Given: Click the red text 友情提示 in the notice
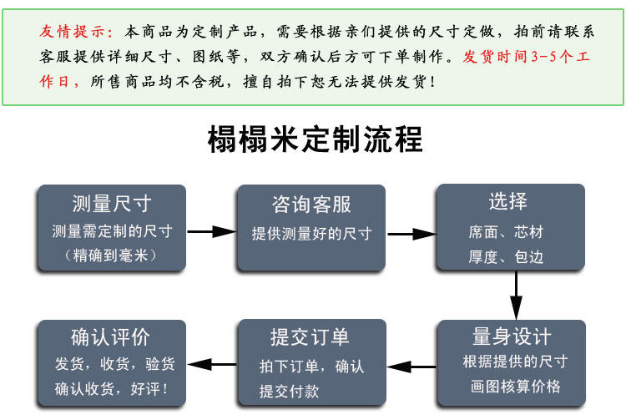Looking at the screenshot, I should coord(75,33).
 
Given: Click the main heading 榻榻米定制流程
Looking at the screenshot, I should coord(315,139).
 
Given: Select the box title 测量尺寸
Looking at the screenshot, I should coord(111,204).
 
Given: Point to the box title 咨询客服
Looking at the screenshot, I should coord(311,205).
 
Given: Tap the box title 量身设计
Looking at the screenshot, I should coord(512,337).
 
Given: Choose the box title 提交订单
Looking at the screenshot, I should coord(310,337).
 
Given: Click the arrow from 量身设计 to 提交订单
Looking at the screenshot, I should coord(411,365).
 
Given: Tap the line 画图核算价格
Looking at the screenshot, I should coord(512,387).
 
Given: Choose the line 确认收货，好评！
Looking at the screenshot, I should coord(111,388).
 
